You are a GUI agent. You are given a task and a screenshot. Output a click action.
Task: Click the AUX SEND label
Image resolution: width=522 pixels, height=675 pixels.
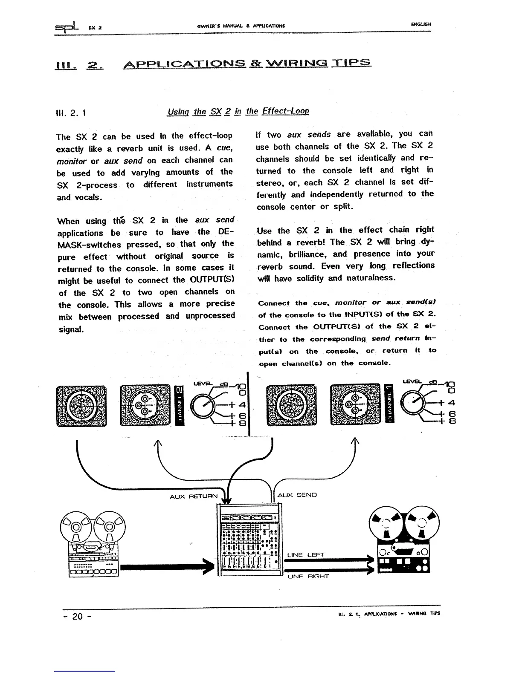[x=297, y=495]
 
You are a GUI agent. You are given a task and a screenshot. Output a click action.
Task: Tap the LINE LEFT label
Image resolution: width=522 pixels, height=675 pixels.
[x=306, y=555]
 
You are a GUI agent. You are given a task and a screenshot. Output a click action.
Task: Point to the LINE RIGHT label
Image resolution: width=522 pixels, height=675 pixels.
[x=308, y=577]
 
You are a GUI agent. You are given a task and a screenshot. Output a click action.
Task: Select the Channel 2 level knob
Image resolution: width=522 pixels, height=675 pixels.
[x=203, y=406]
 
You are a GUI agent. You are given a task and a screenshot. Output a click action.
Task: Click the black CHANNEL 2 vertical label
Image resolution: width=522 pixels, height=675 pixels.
[x=179, y=405]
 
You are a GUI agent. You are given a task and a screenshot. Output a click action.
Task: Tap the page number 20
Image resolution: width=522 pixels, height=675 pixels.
[x=77, y=617]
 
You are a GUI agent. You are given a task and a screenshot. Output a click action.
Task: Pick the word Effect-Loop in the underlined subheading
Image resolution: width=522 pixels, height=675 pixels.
[x=285, y=111]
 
